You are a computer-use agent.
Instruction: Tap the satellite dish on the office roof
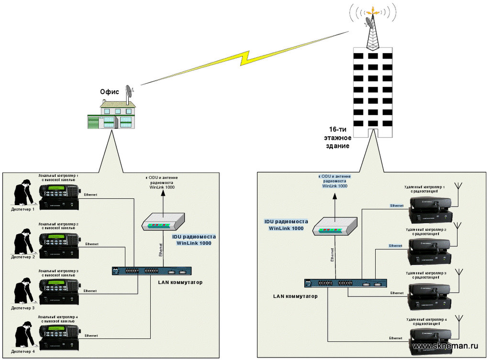pos(130,92)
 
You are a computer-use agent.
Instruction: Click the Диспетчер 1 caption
pos(23,209)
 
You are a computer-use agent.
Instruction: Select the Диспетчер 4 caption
pos(23,352)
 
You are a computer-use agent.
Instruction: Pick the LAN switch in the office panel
pos(152,271)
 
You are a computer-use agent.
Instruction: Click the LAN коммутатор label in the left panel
pos(180,283)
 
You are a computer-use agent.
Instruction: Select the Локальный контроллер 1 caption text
pos(58,178)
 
